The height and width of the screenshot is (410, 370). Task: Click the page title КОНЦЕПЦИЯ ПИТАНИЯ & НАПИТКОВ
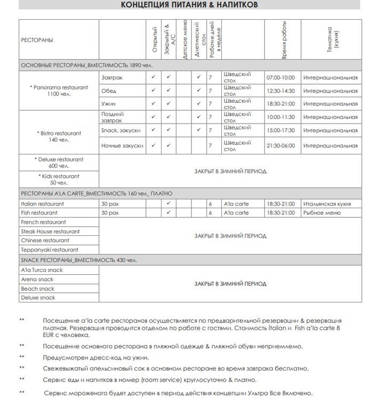pyautogui.click(x=189, y=5)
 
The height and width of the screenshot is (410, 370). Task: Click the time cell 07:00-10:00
pyautogui.click(x=280, y=77)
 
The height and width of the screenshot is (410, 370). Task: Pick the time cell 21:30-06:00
pyautogui.click(x=280, y=145)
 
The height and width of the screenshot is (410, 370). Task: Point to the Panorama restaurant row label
pyautogui.click(x=59, y=90)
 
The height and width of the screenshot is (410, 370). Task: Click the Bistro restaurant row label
pyautogui.click(x=59, y=136)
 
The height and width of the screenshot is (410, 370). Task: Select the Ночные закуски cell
pyautogui.click(x=122, y=145)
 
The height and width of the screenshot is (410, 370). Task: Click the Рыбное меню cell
pyautogui.click(x=322, y=213)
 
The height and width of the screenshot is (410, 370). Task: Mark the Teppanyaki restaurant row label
pyautogui.click(x=49, y=249)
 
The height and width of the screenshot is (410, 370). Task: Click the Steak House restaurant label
pyautogui.click(x=50, y=231)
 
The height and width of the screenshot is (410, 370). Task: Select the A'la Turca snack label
pyautogui.click(x=42, y=270)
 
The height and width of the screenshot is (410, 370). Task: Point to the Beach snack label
pyautogui.click(x=37, y=289)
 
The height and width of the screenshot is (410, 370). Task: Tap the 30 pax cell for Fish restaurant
pyautogui.click(x=110, y=213)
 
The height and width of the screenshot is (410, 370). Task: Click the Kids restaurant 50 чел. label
pyautogui.click(x=59, y=179)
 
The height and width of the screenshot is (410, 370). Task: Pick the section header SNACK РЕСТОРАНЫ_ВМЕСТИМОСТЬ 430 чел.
pyautogui.click(x=79, y=260)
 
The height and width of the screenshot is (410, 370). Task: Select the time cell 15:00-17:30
pyautogui.click(x=280, y=129)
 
